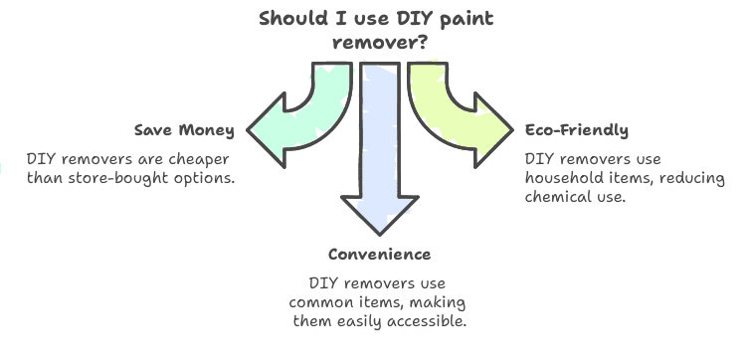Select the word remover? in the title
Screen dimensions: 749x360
click(x=374, y=44)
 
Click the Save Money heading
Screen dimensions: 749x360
click(x=184, y=131)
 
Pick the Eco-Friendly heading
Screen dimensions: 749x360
click(x=577, y=130)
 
